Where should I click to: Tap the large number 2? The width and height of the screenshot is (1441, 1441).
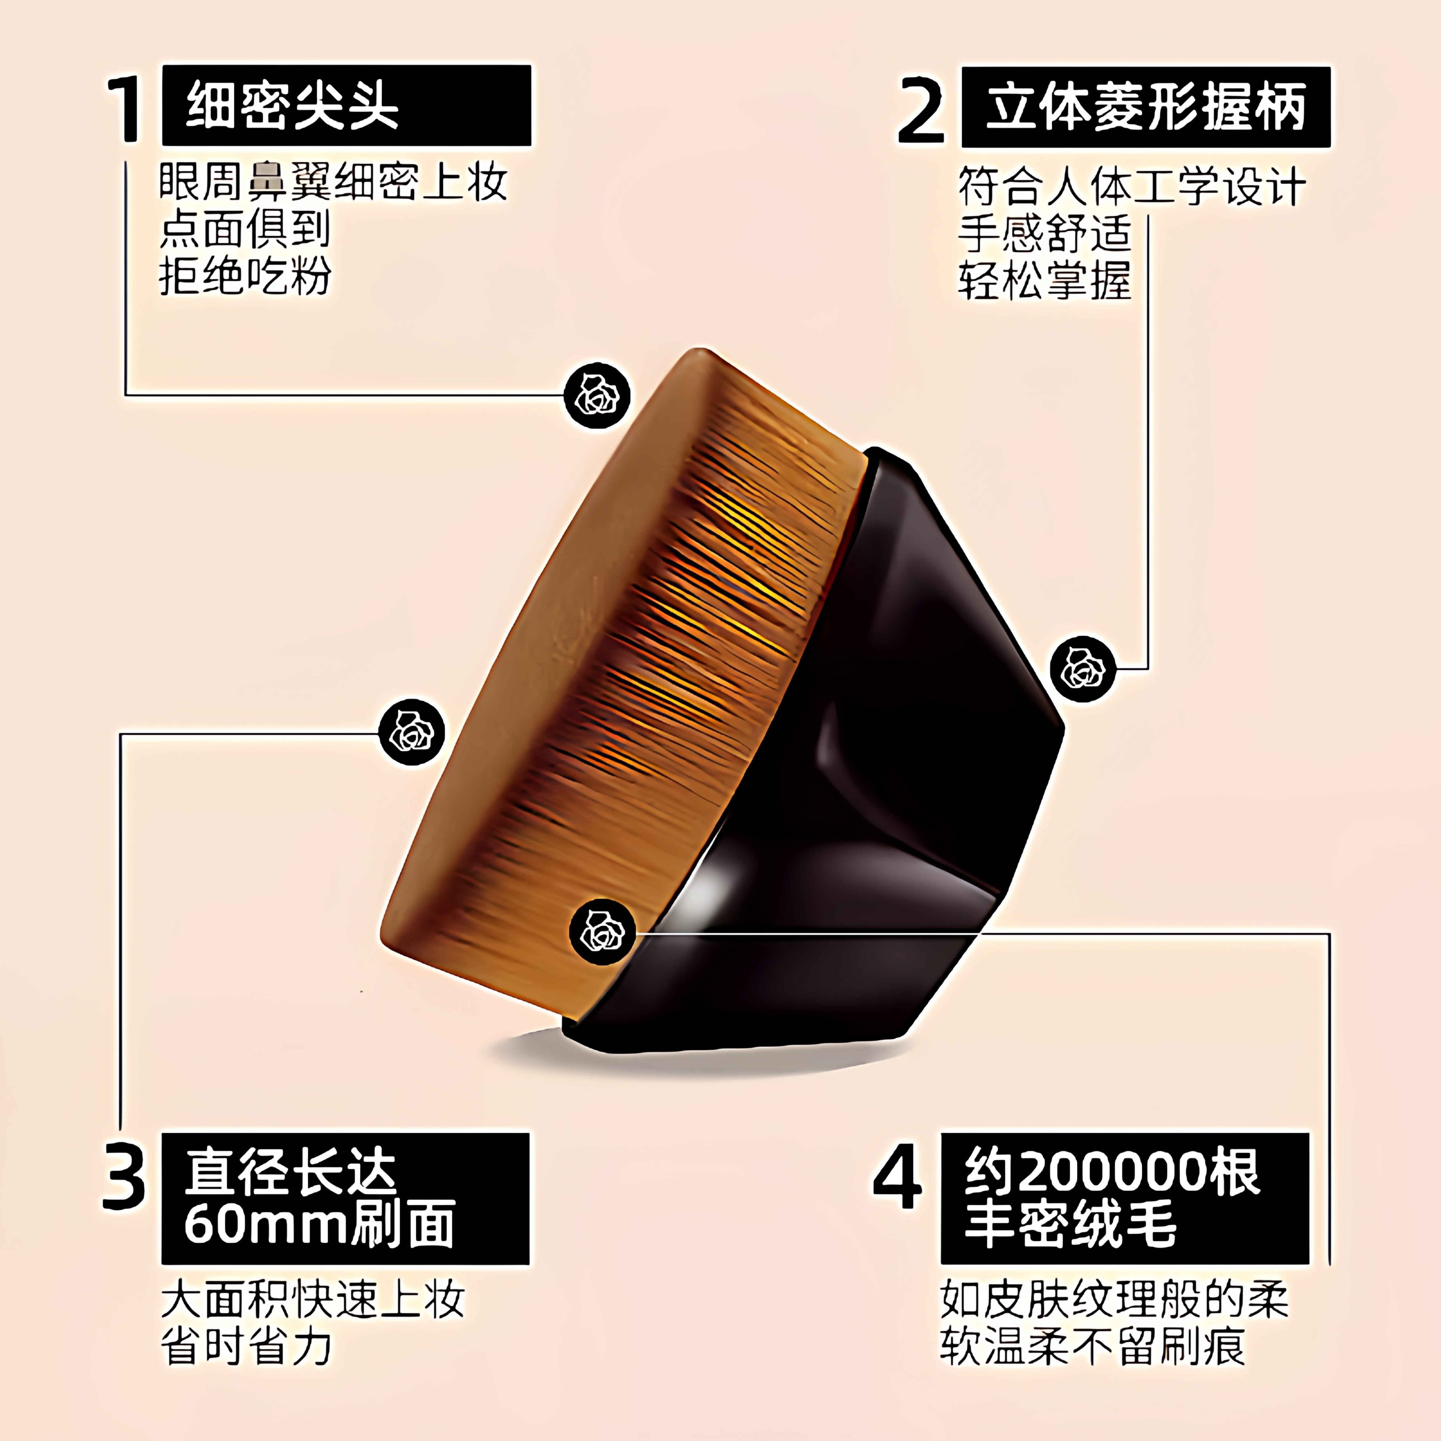tap(922, 110)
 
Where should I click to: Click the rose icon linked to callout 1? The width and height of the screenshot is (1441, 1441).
tap(597, 395)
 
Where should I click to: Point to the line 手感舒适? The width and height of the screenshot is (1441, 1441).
tap(1044, 233)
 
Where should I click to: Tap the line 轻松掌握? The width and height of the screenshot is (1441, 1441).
tap(1044, 280)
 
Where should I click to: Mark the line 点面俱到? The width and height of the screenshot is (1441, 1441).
tap(245, 229)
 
